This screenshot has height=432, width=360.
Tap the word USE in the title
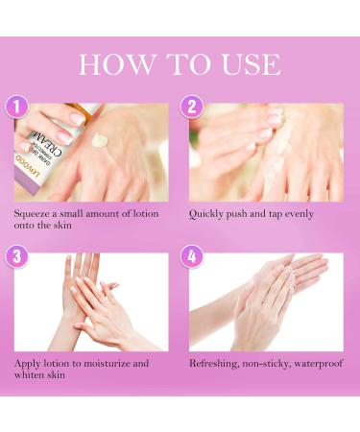pyautogui.click(x=243, y=64)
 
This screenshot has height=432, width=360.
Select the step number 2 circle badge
pyautogui.click(x=193, y=106)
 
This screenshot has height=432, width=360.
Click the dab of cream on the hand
pyautogui.click(x=100, y=141)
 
